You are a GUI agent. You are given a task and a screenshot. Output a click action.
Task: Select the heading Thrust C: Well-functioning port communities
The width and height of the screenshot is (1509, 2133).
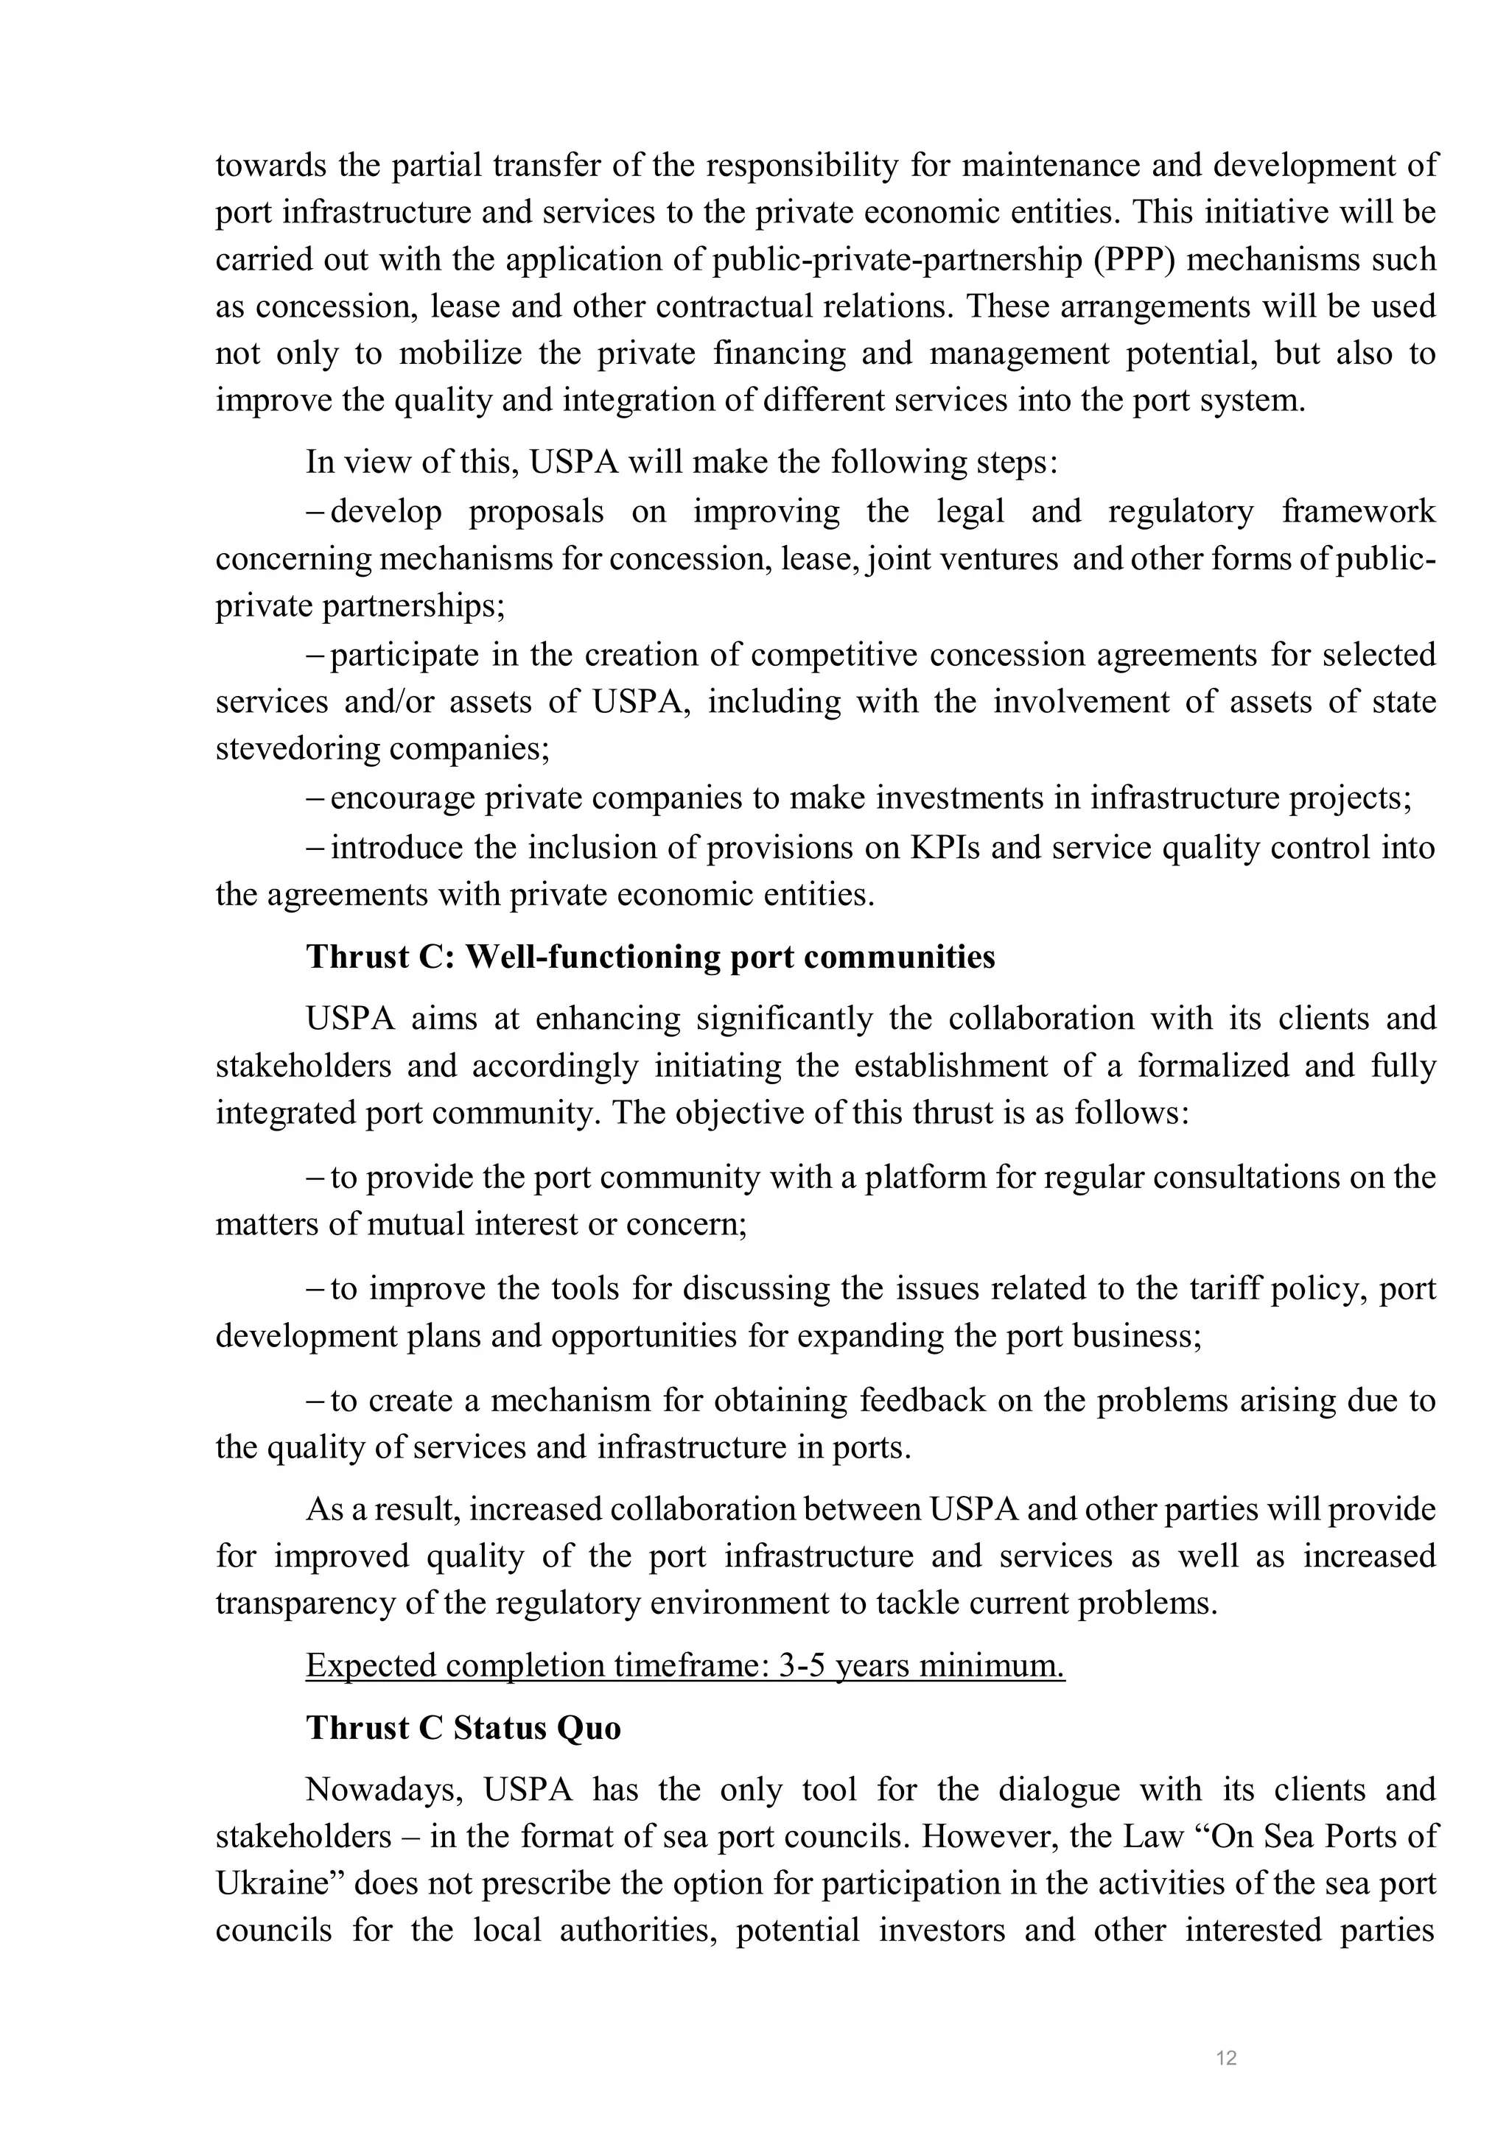pyautogui.click(x=651, y=957)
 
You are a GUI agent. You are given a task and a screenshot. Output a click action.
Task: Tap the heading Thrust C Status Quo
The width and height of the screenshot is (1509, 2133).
pyautogui.click(x=463, y=1728)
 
